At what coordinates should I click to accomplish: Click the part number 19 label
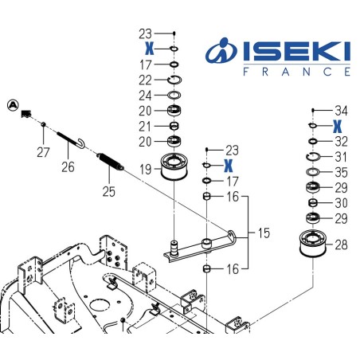click(145, 170)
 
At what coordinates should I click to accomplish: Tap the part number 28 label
click(341, 246)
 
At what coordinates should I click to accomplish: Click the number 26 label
click(68, 167)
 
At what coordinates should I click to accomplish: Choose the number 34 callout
click(341, 111)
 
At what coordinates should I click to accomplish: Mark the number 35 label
click(341, 171)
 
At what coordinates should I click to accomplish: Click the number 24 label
click(145, 95)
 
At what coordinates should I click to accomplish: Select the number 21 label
click(145, 126)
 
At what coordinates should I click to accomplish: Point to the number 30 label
click(341, 202)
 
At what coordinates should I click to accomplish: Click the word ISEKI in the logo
click(287, 52)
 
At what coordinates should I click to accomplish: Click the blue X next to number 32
click(338, 126)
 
